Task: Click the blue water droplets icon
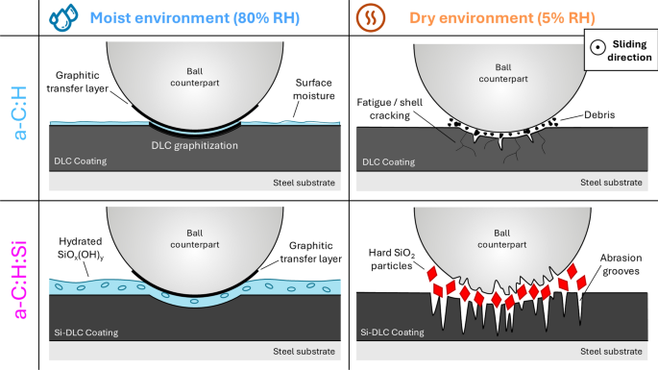[63, 17]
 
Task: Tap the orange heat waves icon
[371, 17]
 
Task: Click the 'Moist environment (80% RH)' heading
[195, 18]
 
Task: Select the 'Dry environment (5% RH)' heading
[501, 18]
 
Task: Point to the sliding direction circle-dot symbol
[597, 47]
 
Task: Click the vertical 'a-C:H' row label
[20, 113]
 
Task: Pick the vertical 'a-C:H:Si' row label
[20, 280]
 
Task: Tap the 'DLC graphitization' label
[195, 145]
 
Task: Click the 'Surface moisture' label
[313, 89]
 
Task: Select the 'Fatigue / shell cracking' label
[389, 109]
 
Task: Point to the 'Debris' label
[599, 114]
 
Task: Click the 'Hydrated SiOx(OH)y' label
[80, 248]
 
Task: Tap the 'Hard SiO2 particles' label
[392, 259]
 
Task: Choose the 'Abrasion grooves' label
[621, 264]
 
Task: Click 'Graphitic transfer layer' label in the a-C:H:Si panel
[311, 252]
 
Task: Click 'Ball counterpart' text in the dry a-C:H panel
[503, 73]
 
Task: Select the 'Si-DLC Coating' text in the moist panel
[86, 333]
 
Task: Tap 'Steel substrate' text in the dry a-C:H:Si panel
[611, 351]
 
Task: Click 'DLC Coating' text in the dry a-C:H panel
[388, 162]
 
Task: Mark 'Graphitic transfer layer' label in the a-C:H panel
[77, 82]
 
